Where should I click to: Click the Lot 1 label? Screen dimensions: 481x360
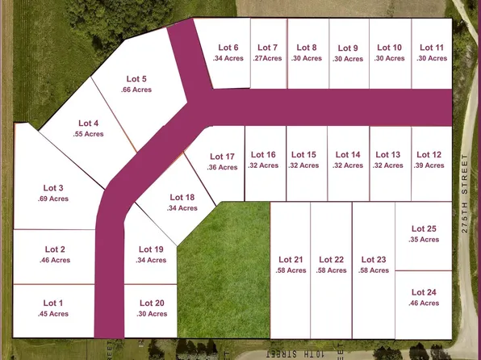(53, 303)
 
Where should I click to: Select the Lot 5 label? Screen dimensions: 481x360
(136, 78)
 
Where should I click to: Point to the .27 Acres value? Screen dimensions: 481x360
(268, 58)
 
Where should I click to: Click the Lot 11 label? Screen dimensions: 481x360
(433, 48)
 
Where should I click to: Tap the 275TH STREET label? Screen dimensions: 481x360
(465, 193)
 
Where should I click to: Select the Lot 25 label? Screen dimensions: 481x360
(424, 228)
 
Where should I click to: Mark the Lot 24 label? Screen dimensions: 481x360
(424, 292)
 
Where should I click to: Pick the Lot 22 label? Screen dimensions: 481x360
(332, 259)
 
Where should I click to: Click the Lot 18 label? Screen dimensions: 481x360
(182, 197)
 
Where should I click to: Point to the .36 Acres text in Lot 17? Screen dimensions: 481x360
(222, 167)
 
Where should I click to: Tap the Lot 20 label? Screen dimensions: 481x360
(152, 303)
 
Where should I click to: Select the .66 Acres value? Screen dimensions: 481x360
(136, 90)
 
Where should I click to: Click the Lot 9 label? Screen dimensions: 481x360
(348, 48)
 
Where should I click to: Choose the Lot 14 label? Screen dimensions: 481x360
(348, 154)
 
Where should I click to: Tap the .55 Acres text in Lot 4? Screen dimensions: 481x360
(85, 134)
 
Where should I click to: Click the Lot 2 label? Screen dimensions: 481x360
(55, 249)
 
